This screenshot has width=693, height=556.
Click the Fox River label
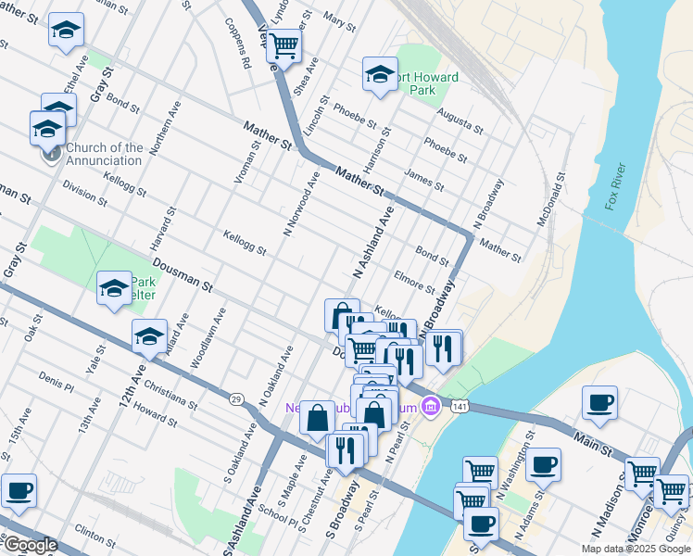click(616, 186)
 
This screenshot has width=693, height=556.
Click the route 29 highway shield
click(236, 398)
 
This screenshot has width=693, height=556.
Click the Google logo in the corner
click(30, 545)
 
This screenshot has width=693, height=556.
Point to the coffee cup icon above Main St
click(599, 402)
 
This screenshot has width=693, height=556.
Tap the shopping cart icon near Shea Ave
click(285, 42)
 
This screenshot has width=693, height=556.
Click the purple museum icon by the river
click(430, 406)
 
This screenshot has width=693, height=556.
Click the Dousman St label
click(183, 276)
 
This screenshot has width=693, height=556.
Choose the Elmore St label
click(414, 282)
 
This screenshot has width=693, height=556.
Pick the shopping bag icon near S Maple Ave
click(318, 416)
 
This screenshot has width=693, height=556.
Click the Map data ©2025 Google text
click(635, 549)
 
